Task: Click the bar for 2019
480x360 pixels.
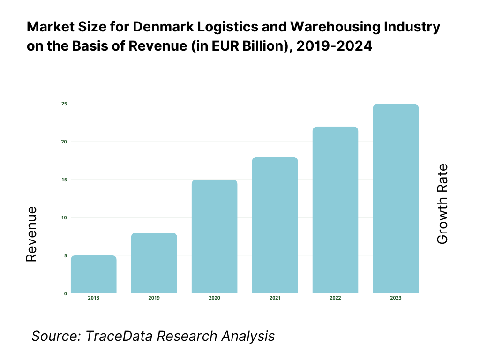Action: [154, 263]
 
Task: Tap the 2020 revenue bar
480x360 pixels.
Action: [215, 237]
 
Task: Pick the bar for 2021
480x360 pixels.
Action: [275, 225]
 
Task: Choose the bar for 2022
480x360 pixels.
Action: [335, 210]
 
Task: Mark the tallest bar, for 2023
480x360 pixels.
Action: [396, 199]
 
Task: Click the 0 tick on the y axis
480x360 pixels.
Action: [65, 293]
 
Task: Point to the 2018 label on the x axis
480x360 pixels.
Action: [94, 298]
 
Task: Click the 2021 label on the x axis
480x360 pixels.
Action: [275, 298]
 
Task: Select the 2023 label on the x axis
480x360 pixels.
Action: [396, 298]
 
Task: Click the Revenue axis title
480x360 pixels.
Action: [31, 234]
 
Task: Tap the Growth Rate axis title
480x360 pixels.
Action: [442, 204]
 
